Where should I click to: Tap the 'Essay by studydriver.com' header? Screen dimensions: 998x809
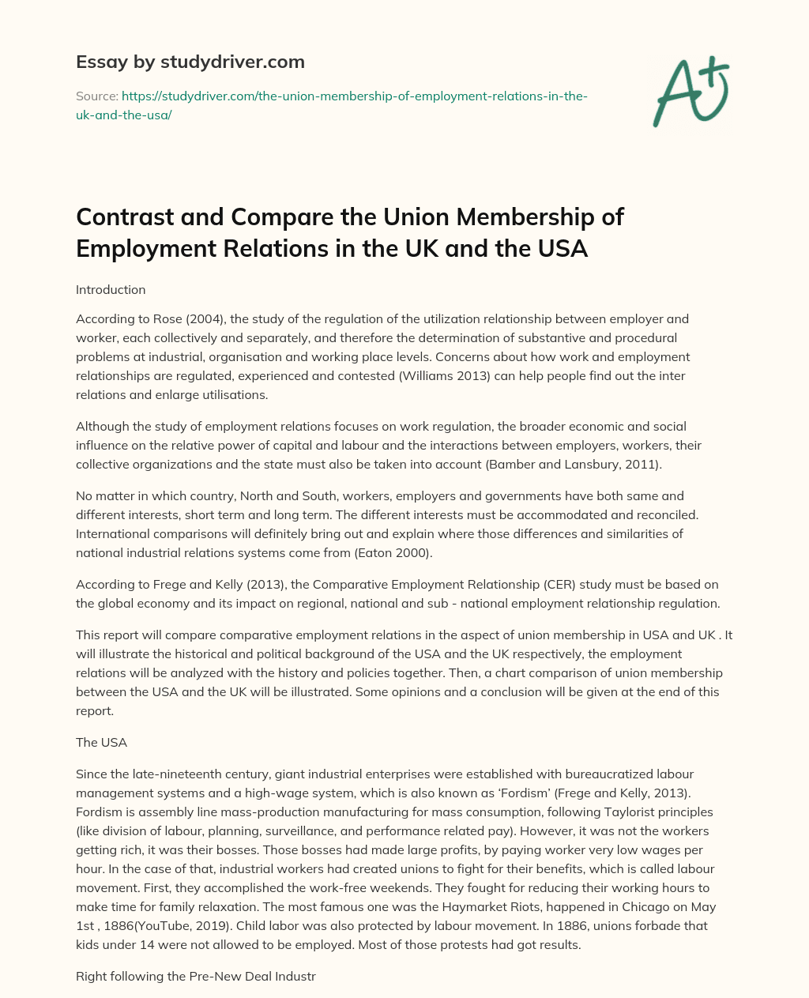click(190, 62)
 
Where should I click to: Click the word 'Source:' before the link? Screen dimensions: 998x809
click(96, 96)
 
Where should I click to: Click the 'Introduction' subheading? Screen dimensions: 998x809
click(111, 289)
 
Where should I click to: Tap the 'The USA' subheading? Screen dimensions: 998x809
click(101, 742)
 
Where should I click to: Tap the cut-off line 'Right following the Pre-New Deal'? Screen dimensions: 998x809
click(195, 976)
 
